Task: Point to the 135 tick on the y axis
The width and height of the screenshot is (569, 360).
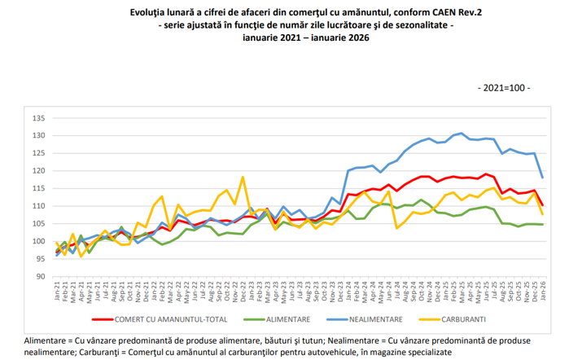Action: [38, 118]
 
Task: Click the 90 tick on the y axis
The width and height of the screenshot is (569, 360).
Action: [40, 277]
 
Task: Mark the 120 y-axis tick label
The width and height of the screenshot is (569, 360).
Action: [38, 171]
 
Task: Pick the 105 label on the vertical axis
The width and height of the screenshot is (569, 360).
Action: [38, 224]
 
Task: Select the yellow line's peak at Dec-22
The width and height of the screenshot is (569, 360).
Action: [243, 177]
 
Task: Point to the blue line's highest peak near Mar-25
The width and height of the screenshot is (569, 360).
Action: [462, 133]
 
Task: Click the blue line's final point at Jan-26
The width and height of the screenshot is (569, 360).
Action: [543, 178]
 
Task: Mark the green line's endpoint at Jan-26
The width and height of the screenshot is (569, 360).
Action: [543, 224]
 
